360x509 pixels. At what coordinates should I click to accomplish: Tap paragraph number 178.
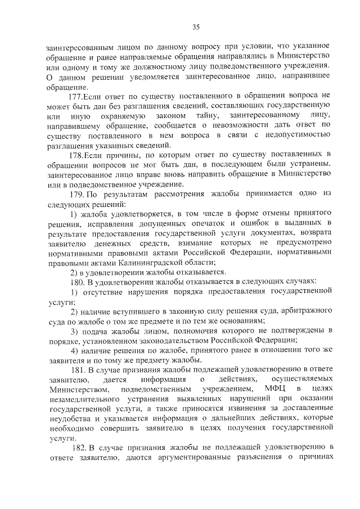pos(75,154)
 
